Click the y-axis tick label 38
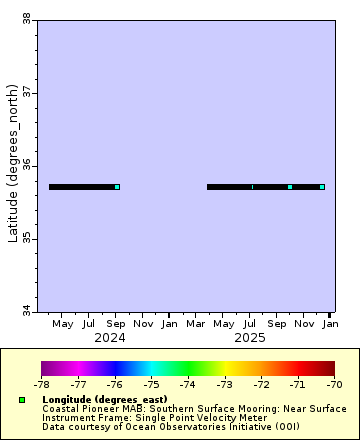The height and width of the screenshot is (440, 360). [25, 18]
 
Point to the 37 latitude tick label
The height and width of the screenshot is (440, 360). [25, 92]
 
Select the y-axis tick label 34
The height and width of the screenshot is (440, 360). [25, 311]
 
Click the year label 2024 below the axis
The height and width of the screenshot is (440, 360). [110, 338]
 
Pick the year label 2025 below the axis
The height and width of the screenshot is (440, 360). [250, 338]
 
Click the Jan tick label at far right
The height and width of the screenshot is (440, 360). [330, 324]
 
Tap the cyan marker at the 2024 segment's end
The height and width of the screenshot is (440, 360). [117, 187]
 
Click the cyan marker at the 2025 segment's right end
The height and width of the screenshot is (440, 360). [322, 187]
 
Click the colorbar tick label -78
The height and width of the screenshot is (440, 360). [42, 383]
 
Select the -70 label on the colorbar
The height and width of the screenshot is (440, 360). [334, 383]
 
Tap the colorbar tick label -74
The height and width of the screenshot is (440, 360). [188, 383]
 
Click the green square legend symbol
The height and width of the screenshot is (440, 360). [21, 400]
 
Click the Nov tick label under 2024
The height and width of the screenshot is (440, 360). [143, 324]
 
